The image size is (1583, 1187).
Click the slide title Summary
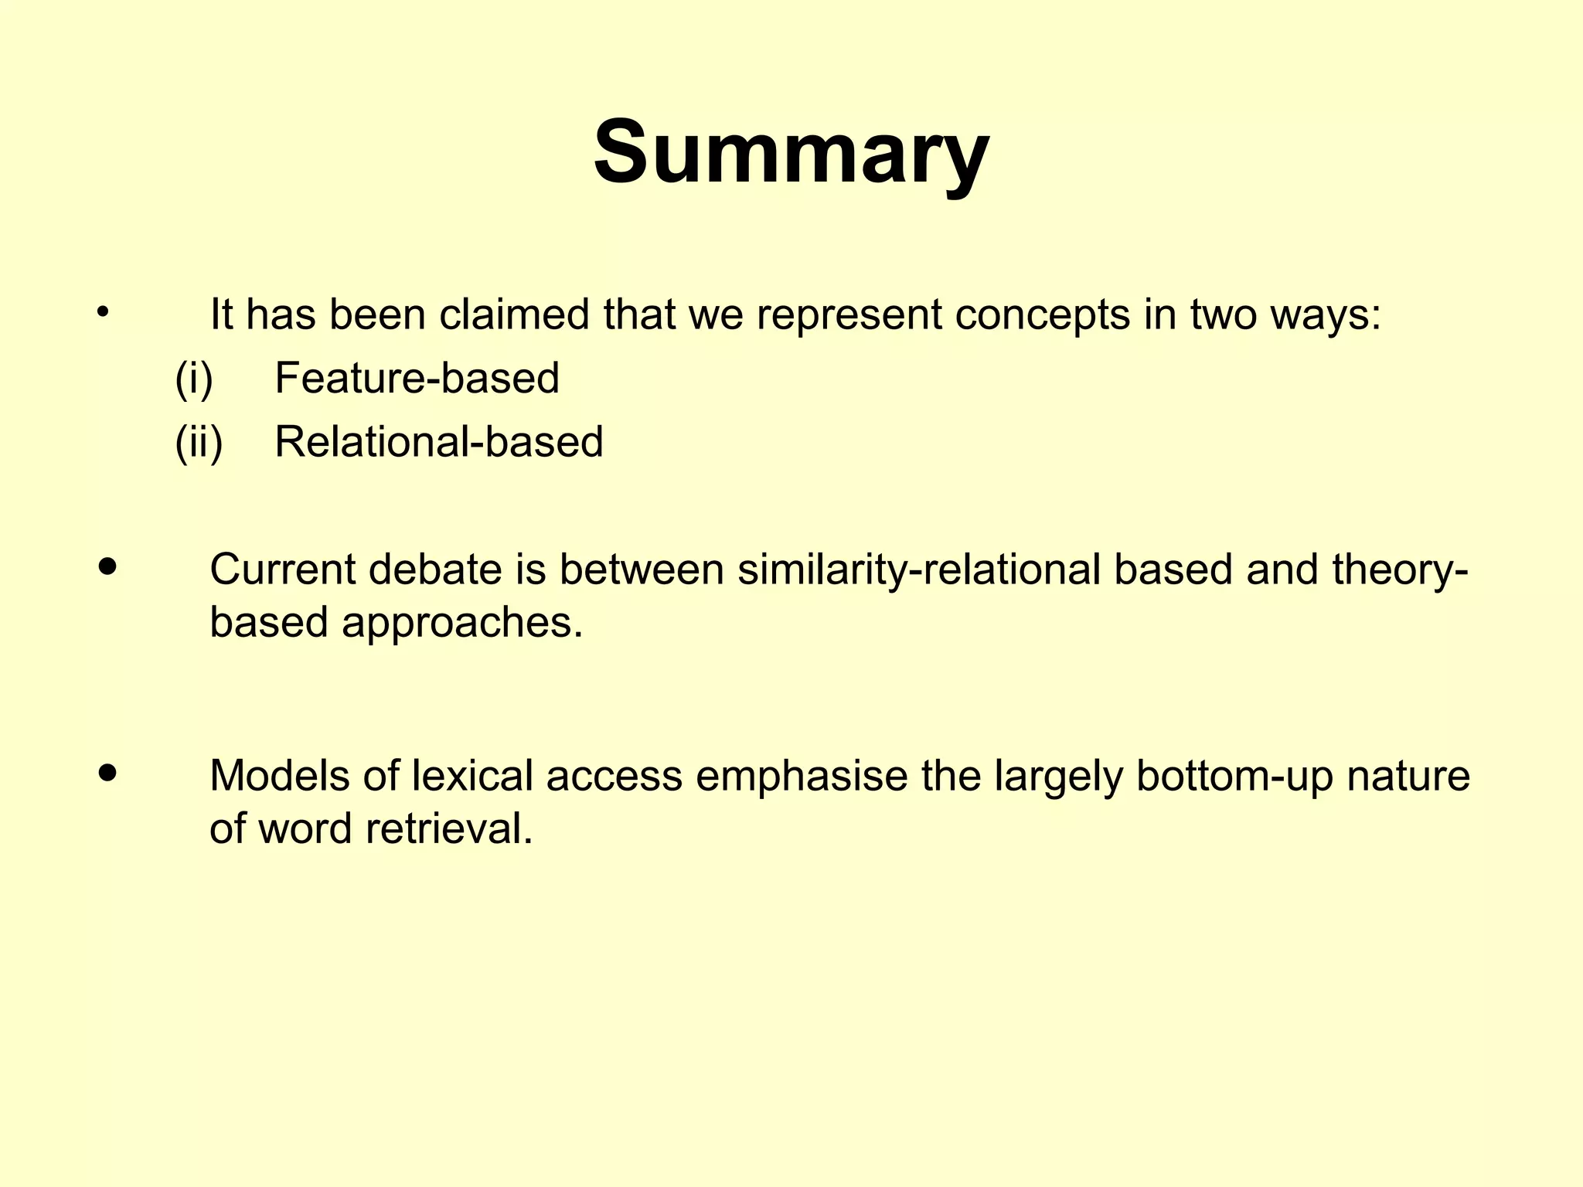tap(791, 152)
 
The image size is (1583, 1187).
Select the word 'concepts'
tap(1043, 315)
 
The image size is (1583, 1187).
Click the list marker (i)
tap(193, 379)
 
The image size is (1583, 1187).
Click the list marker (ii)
tap(199, 442)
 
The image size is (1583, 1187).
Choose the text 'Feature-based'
tap(417, 379)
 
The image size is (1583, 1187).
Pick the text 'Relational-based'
tap(438, 442)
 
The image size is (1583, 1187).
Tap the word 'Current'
tap(282, 570)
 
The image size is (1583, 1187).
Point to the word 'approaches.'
tap(462, 622)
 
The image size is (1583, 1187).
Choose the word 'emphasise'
tap(802, 776)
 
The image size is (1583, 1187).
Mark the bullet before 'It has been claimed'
tap(102, 313)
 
